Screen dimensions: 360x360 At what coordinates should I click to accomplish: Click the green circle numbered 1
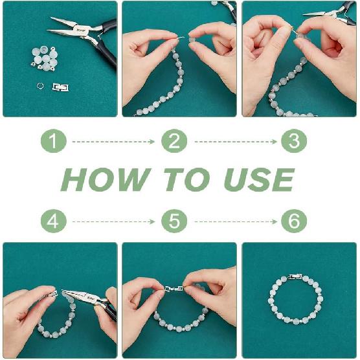point(54,141)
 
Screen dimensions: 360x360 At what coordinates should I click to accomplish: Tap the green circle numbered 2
point(174,141)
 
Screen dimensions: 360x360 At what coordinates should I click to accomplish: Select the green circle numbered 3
point(294,141)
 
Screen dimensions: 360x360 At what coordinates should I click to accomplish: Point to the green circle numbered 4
point(54,221)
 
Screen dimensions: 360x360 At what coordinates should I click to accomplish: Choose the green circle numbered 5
point(174,221)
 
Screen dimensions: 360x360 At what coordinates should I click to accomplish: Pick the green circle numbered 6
point(294,221)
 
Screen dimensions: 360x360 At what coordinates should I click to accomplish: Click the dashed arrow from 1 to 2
point(113,141)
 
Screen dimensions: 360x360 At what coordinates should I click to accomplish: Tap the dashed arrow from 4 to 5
point(113,221)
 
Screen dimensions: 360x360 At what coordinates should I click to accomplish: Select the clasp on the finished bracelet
point(295,276)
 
